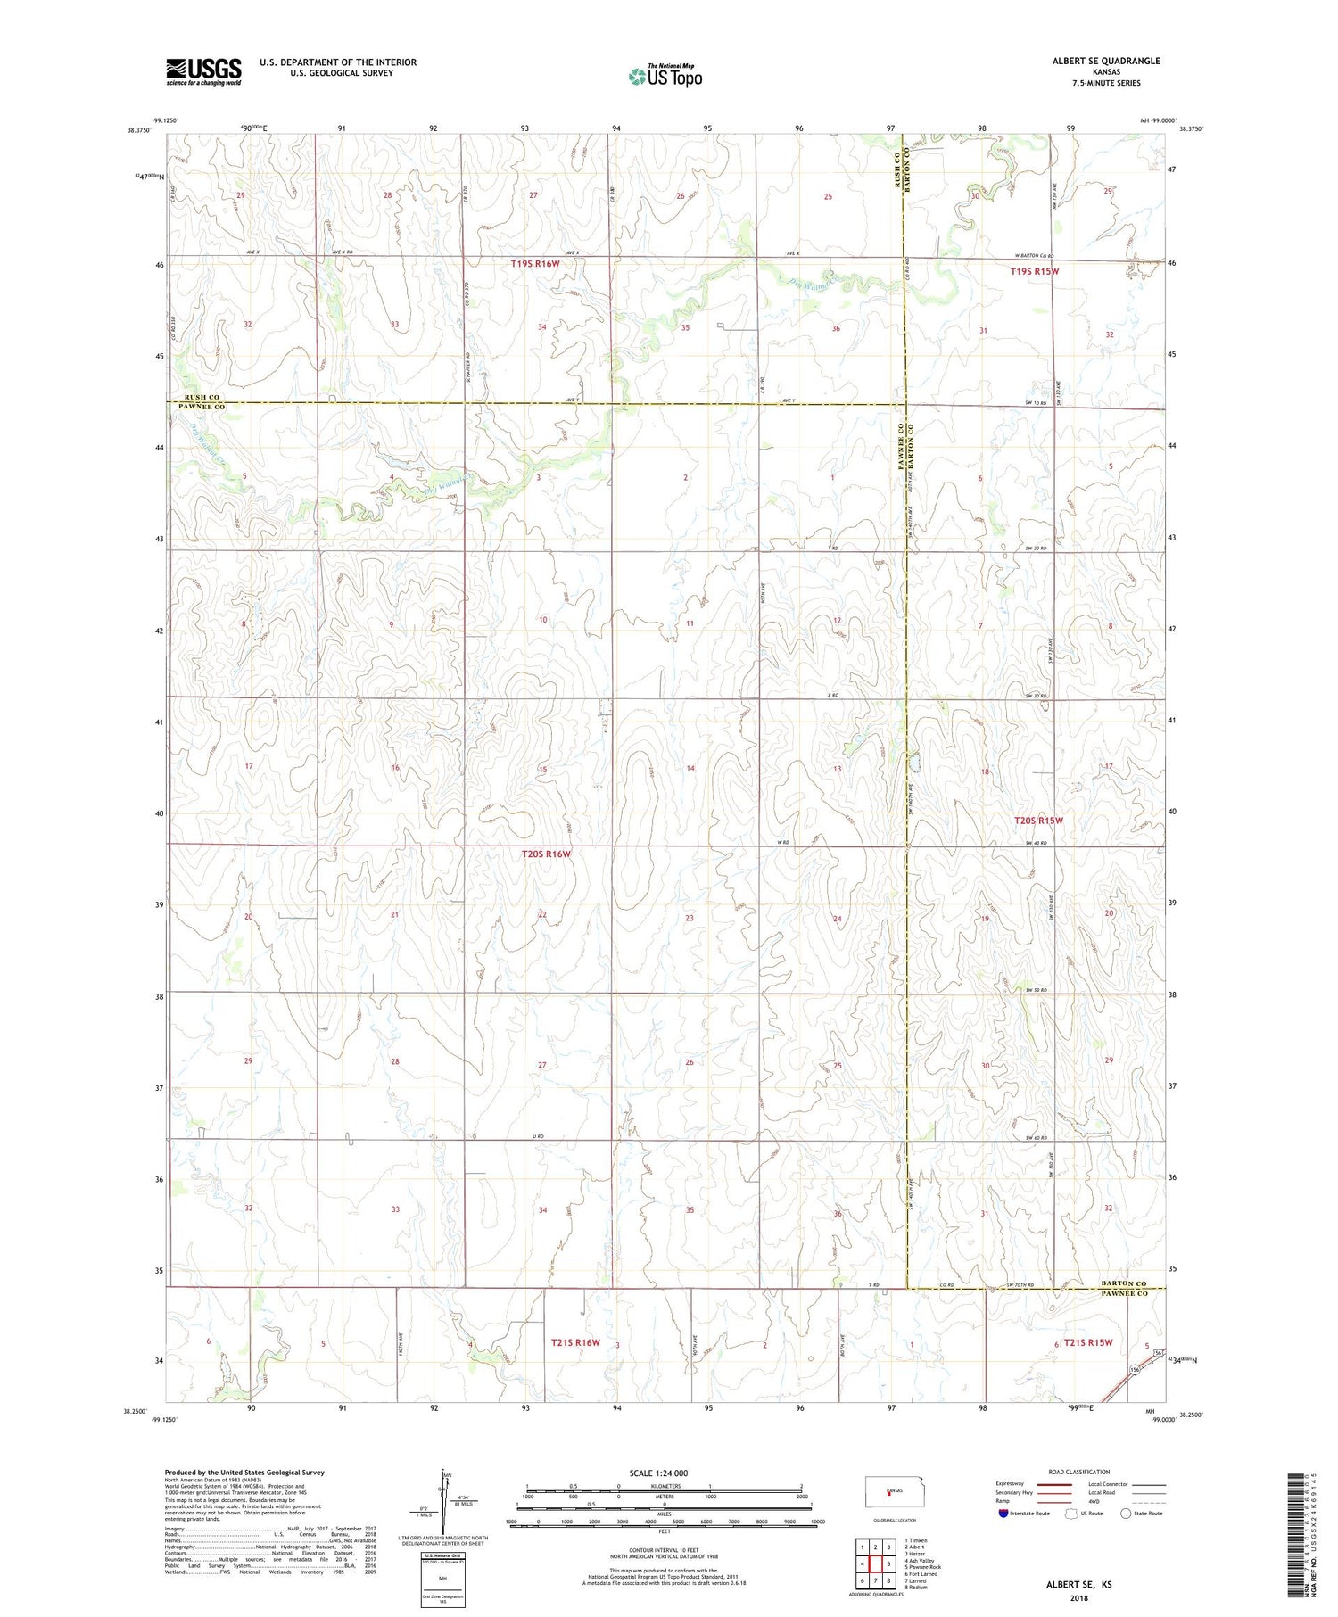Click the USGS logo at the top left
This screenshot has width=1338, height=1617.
coord(203,70)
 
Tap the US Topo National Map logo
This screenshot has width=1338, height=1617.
coord(665,76)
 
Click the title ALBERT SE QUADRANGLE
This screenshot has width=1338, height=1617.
coord(1106,61)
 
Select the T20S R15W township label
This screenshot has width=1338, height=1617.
coord(1038,820)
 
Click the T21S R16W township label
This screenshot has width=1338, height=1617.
coord(575,1342)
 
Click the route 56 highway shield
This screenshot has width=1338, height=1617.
coord(1157,1353)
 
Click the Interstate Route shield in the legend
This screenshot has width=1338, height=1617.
coord(1003,1514)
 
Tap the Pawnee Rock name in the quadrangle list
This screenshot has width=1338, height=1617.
coord(925,1567)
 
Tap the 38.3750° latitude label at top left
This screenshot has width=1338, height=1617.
coord(138,130)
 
